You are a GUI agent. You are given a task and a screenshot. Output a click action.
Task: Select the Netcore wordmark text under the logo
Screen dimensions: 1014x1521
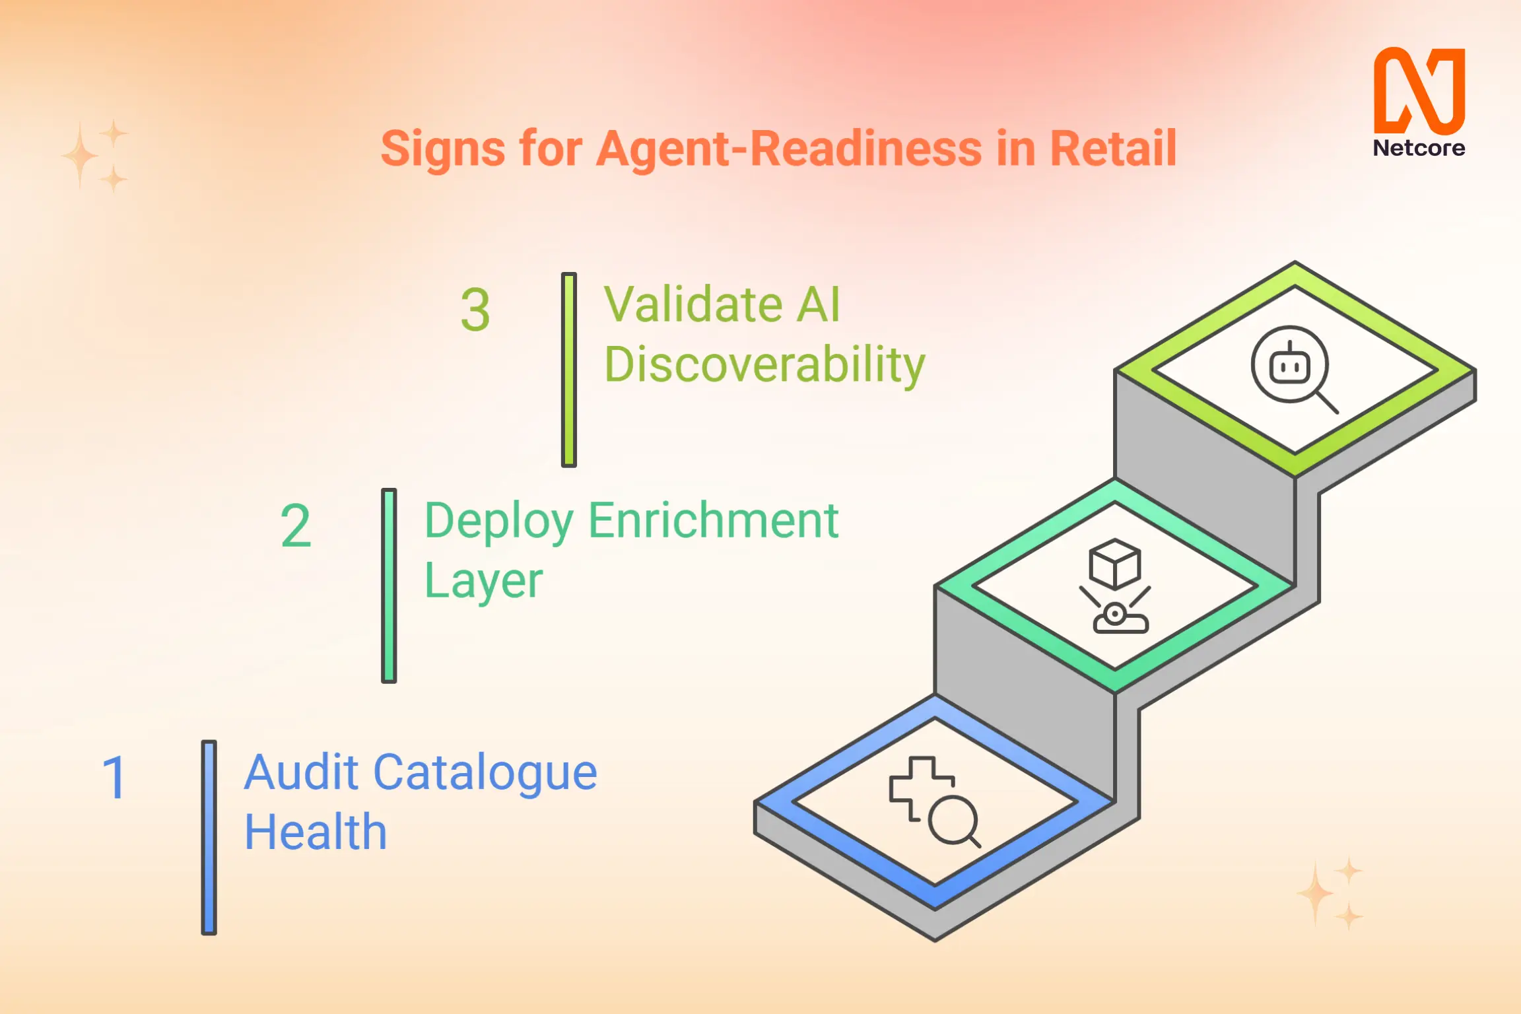pos(1419,148)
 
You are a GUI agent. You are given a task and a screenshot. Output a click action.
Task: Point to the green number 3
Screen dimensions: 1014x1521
pos(475,310)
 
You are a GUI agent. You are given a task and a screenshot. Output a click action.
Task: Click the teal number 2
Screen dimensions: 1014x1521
pos(296,526)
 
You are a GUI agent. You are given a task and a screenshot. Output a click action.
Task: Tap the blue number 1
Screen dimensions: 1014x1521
pos(114,778)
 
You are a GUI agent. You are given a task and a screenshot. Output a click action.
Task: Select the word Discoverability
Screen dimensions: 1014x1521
pos(764,364)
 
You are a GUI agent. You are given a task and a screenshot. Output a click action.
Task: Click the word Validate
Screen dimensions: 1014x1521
pos(693,305)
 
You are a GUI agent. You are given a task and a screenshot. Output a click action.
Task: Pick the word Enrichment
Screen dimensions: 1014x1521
pos(713,521)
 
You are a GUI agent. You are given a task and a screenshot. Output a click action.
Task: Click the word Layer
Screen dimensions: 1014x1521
pos(483,581)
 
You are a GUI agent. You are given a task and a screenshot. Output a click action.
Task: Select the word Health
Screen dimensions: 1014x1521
pos(316,832)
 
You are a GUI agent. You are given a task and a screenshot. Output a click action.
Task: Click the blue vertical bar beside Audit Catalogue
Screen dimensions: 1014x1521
pos(209,837)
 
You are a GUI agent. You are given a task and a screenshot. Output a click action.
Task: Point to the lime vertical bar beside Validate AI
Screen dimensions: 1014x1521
pos(569,370)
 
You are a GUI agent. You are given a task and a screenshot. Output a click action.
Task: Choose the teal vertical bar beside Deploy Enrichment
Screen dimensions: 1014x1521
pos(389,586)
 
